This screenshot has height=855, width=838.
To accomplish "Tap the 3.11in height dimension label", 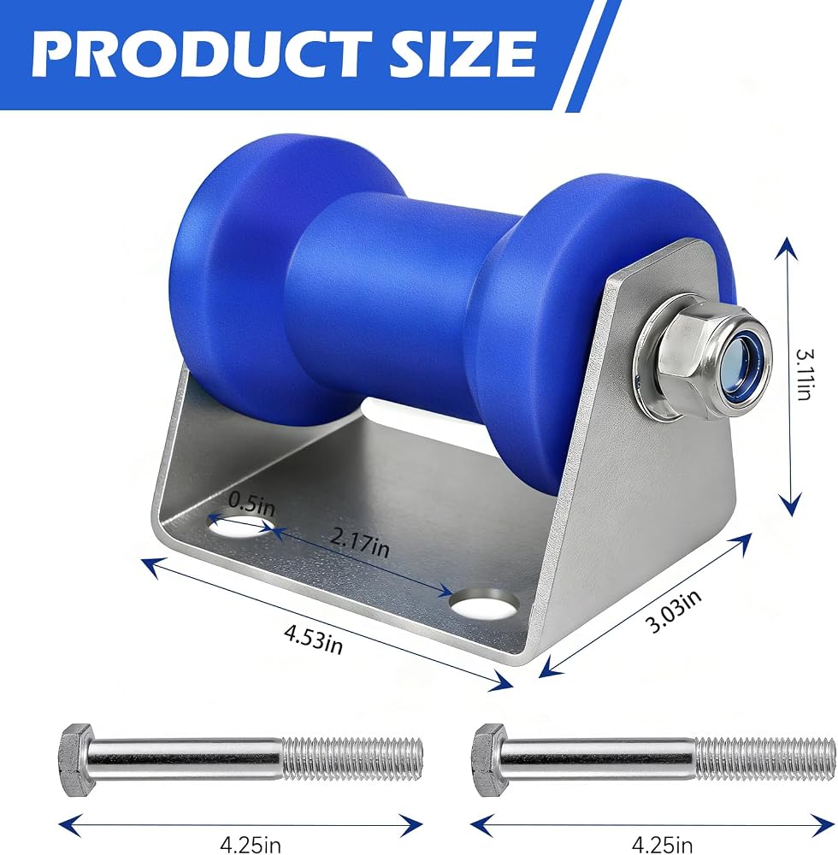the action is tap(804, 374).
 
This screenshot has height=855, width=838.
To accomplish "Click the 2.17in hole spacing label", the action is tap(359, 543).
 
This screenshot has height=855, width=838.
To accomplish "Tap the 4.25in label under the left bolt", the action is tap(251, 845).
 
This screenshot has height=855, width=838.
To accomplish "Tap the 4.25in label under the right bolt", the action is tap(662, 845).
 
